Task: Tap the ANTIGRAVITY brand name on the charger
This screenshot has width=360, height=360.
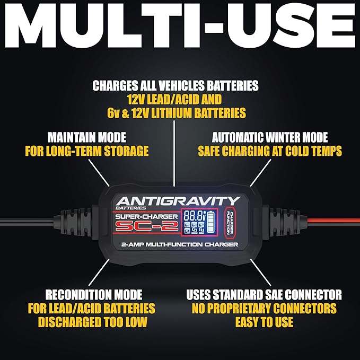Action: [x=178, y=201]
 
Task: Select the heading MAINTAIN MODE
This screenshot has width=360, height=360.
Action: [x=86, y=137]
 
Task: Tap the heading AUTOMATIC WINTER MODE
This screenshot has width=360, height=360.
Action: [x=269, y=137]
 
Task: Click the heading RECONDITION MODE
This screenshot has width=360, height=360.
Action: [x=93, y=294]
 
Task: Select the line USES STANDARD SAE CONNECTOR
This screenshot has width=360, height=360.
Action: [x=264, y=294]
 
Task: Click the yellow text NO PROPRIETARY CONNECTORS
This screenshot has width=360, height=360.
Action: [x=264, y=308]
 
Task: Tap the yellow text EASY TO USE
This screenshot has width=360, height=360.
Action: [x=264, y=322]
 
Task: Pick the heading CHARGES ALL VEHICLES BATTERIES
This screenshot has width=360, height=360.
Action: [x=175, y=85]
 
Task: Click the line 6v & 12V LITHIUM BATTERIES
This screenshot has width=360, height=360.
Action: [x=175, y=113]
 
